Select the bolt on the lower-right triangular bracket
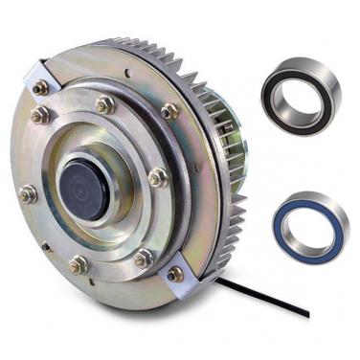point(175,274)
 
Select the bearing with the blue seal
point(312,225)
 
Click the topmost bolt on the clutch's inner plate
point(106,104)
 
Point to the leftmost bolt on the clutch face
point(28,194)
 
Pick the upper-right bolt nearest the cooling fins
point(169,111)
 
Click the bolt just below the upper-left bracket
point(40,115)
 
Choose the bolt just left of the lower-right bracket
point(143,259)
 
